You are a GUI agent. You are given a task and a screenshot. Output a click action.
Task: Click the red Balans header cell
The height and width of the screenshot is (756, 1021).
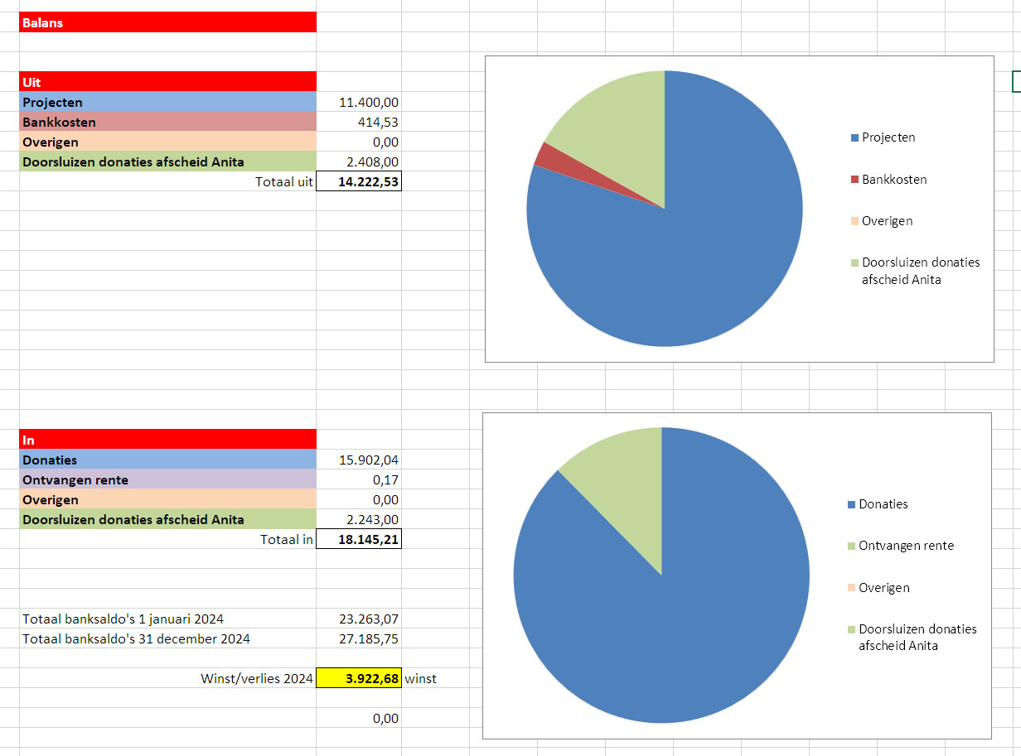(x=167, y=22)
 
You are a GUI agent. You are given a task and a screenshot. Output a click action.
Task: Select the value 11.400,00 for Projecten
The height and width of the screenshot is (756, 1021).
(x=369, y=103)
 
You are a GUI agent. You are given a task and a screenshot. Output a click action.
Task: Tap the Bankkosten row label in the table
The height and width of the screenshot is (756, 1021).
(x=59, y=123)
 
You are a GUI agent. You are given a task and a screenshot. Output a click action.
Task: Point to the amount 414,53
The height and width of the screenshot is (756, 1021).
(x=379, y=123)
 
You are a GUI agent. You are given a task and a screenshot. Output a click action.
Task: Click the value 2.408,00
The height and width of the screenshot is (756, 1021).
(x=372, y=162)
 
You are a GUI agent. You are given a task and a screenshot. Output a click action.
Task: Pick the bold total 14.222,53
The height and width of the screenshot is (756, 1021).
(x=360, y=182)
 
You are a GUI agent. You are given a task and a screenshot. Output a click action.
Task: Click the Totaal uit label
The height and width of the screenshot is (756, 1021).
(x=284, y=182)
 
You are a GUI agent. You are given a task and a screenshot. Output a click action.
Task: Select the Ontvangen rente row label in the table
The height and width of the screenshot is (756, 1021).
(x=75, y=480)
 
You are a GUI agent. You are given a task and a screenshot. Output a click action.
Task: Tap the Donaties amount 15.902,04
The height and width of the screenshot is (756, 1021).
(x=369, y=460)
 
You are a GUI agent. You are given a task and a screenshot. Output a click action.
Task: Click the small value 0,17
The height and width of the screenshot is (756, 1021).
(x=385, y=480)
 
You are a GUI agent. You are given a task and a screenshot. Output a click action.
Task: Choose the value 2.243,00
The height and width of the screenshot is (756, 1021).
(x=372, y=520)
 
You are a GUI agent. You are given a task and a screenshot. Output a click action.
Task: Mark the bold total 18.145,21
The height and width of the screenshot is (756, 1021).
(x=360, y=540)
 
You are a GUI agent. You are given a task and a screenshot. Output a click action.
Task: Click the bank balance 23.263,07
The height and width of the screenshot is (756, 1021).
(x=369, y=619)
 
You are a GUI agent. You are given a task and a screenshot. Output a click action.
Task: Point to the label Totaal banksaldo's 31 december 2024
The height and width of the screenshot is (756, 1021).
(x=136, y=639)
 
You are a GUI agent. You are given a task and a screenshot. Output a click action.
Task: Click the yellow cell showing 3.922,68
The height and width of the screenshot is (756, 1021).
(x=360, y=679)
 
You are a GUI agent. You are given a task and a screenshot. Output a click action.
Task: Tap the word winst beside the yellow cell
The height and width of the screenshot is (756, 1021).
(x=420, y=679)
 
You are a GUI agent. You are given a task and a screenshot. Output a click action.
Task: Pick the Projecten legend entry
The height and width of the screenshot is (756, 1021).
(x=888, y=137)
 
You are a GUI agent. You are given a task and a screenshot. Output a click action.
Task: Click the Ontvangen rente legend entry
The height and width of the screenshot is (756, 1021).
(x=906, y=546)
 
